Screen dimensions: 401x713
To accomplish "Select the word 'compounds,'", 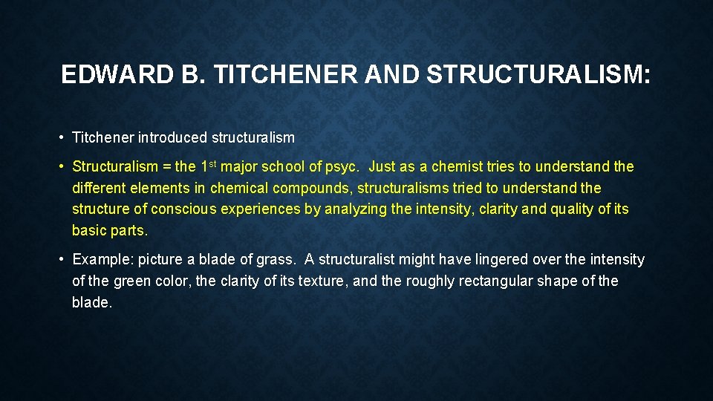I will [312, 188].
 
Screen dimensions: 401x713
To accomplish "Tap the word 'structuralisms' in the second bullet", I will [403, 188].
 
